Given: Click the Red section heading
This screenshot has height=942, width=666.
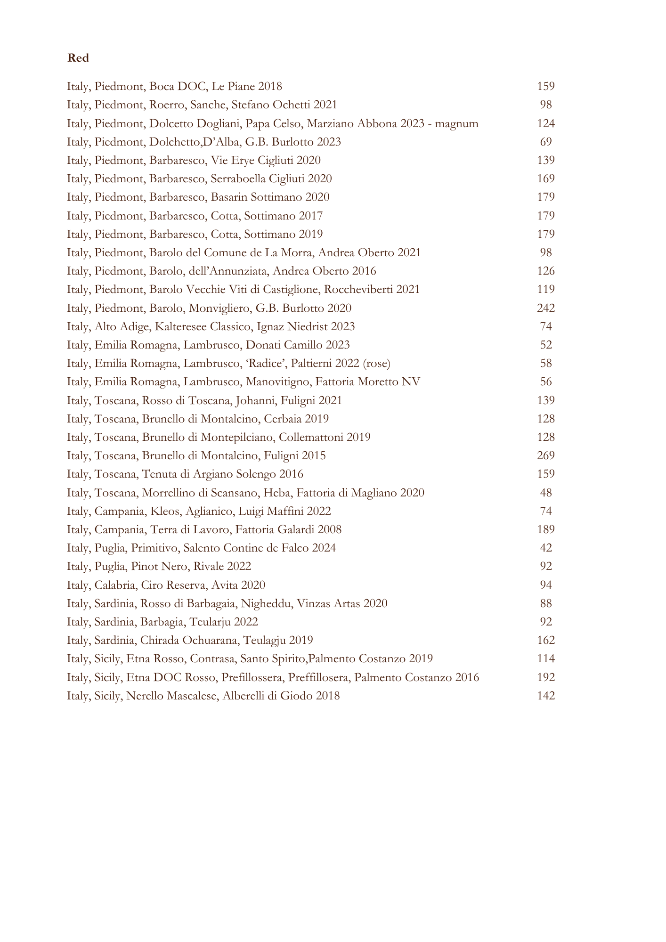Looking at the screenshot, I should coord(78,58).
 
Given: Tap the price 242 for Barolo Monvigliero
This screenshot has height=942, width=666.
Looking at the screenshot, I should coord(546,308).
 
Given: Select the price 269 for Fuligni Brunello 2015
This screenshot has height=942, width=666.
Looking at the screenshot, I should coord(546,455).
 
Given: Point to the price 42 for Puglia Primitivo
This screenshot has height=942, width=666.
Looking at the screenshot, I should coord(546,548).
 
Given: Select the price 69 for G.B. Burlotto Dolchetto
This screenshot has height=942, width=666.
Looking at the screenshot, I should coord(546,142).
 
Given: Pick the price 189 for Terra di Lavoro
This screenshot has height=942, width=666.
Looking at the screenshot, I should coord(546,529).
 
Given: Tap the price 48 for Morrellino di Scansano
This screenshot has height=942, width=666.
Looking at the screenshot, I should coord(546,493).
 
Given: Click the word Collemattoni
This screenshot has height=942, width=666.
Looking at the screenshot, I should coord(311,437).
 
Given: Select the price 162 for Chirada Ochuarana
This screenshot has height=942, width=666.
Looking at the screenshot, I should coord(546,640).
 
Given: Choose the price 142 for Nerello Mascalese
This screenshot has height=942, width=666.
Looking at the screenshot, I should coord(546,696).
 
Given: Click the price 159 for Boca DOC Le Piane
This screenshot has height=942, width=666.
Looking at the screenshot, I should coord(546,86).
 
